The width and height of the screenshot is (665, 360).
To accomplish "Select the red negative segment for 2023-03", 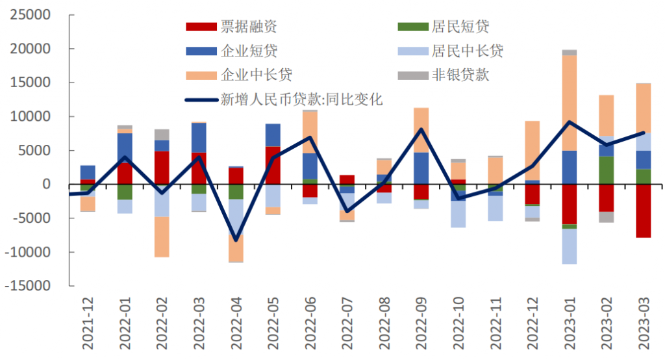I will point(644,211).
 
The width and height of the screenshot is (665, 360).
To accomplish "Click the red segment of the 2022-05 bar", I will point(273,165).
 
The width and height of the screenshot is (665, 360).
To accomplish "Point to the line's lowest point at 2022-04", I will point(236,240).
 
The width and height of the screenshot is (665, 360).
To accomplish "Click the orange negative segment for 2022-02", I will point(162,237).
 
